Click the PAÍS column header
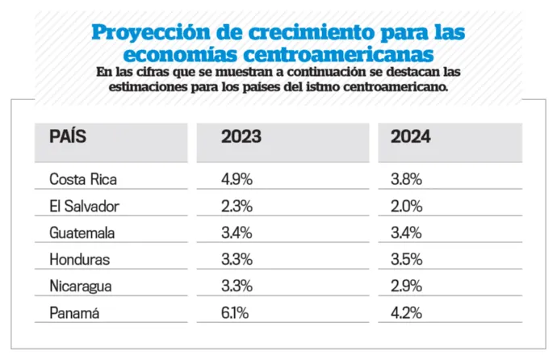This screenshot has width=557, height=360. [x=68, y=136]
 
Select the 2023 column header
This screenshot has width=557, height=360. [x=241, y=136]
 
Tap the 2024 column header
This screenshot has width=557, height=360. [x=411, y=136]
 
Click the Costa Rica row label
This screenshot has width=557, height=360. [x=83, y=179]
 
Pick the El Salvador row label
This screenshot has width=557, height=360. [x=84, y=206]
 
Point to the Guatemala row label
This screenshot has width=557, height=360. [x=82, y=233]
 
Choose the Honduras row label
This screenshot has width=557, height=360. [x=79, y=260]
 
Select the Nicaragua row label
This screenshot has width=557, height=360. [x=81, y=287]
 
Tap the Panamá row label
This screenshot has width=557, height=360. [x=73, y=314]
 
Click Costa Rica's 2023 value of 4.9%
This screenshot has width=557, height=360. [x=237, y=179]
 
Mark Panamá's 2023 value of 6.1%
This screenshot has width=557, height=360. [x=235, y=314]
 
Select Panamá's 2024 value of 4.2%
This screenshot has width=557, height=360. [x=407, y=314]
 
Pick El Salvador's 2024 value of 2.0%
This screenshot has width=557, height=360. [x=407, y=206]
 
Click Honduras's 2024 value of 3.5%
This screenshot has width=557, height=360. [x=407, y=260]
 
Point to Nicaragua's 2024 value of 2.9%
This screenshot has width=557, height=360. [x=407, y=287]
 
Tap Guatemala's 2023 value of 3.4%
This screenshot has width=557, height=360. [x=237, y=233]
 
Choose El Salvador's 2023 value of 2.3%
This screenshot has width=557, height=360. [x=237, y=206]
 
